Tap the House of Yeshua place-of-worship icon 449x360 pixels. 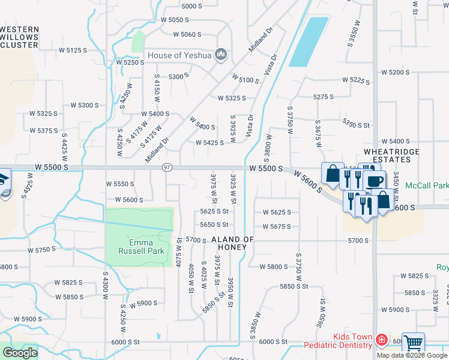click(221, 55)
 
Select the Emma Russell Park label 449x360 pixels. click(139, 247)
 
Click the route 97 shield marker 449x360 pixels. click(167, 167)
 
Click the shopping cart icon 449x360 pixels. click(413, 344)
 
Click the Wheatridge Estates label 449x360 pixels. click(391, 155)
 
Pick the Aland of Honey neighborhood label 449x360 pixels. click(233, 243)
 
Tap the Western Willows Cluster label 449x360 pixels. click(20, 37)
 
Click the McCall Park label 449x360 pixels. click(426, 186)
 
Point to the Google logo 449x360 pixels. click(20, 353)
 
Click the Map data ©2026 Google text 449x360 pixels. click(412, 355)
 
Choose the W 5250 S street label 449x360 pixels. click(131, 62)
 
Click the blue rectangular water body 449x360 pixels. click(309, 41)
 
